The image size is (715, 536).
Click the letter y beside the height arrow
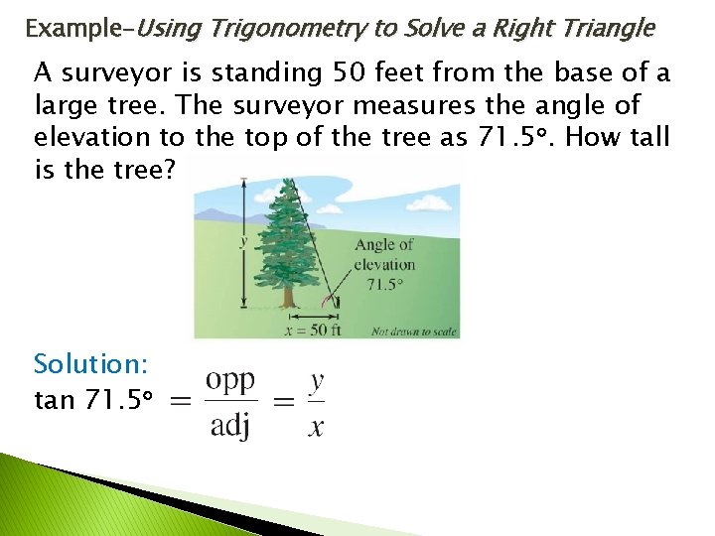tap(243, 239)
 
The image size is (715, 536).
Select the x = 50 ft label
tap(313, 330)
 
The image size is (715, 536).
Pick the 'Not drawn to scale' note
tap(413, 332)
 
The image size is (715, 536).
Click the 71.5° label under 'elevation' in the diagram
tap(384, 283)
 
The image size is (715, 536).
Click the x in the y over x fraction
tap(316, 427)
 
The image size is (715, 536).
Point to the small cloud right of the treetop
tap(343, 198)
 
